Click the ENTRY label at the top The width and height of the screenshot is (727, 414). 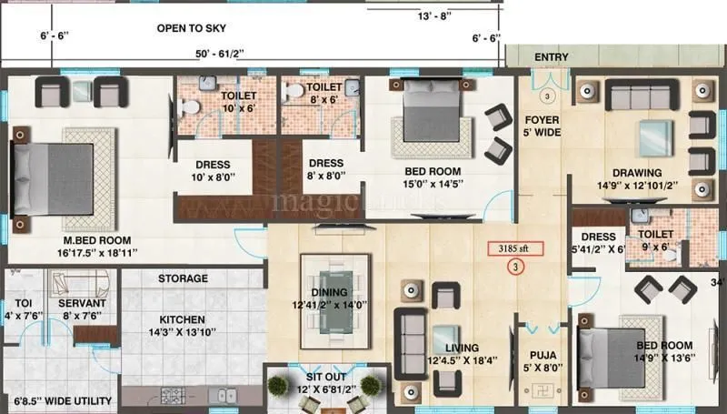(551, 57)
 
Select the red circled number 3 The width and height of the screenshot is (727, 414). (515, 268)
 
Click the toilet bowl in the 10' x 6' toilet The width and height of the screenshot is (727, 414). (190, 107)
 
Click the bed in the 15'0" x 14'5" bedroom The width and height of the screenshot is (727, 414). (428, 118)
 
